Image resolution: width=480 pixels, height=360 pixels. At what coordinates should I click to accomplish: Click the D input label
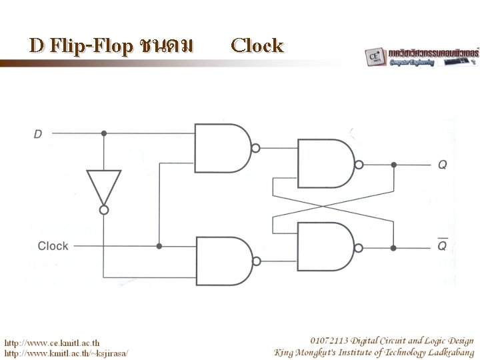[x=38, y=134]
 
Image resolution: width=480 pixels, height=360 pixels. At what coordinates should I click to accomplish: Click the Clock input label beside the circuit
[x=53, y=246]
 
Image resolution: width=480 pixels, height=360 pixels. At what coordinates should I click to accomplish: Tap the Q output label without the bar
[x=442, y=165]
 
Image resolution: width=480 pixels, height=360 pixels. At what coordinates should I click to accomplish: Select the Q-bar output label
[x=442, y=245]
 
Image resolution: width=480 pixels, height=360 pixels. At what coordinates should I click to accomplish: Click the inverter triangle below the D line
[x=104, y=186]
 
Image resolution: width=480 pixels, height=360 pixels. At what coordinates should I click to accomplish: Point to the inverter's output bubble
[x=104, y=209]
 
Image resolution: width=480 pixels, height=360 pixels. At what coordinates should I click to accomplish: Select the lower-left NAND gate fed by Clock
[x=220, y=261]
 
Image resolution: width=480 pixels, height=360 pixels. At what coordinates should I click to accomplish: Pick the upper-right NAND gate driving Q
[x=325, y=164]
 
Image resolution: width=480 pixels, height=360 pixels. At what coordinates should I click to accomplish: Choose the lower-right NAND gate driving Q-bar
[x=325, y=245]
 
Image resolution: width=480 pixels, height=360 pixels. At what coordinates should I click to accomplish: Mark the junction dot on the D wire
[x=104, y=133]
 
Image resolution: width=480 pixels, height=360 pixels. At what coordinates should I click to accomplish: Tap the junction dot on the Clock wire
[x=159, y=246]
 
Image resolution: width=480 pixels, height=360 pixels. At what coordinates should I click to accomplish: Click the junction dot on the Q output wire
[x=394, y=164]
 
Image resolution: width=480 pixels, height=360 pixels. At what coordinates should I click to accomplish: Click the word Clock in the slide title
[x=257, y=45]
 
